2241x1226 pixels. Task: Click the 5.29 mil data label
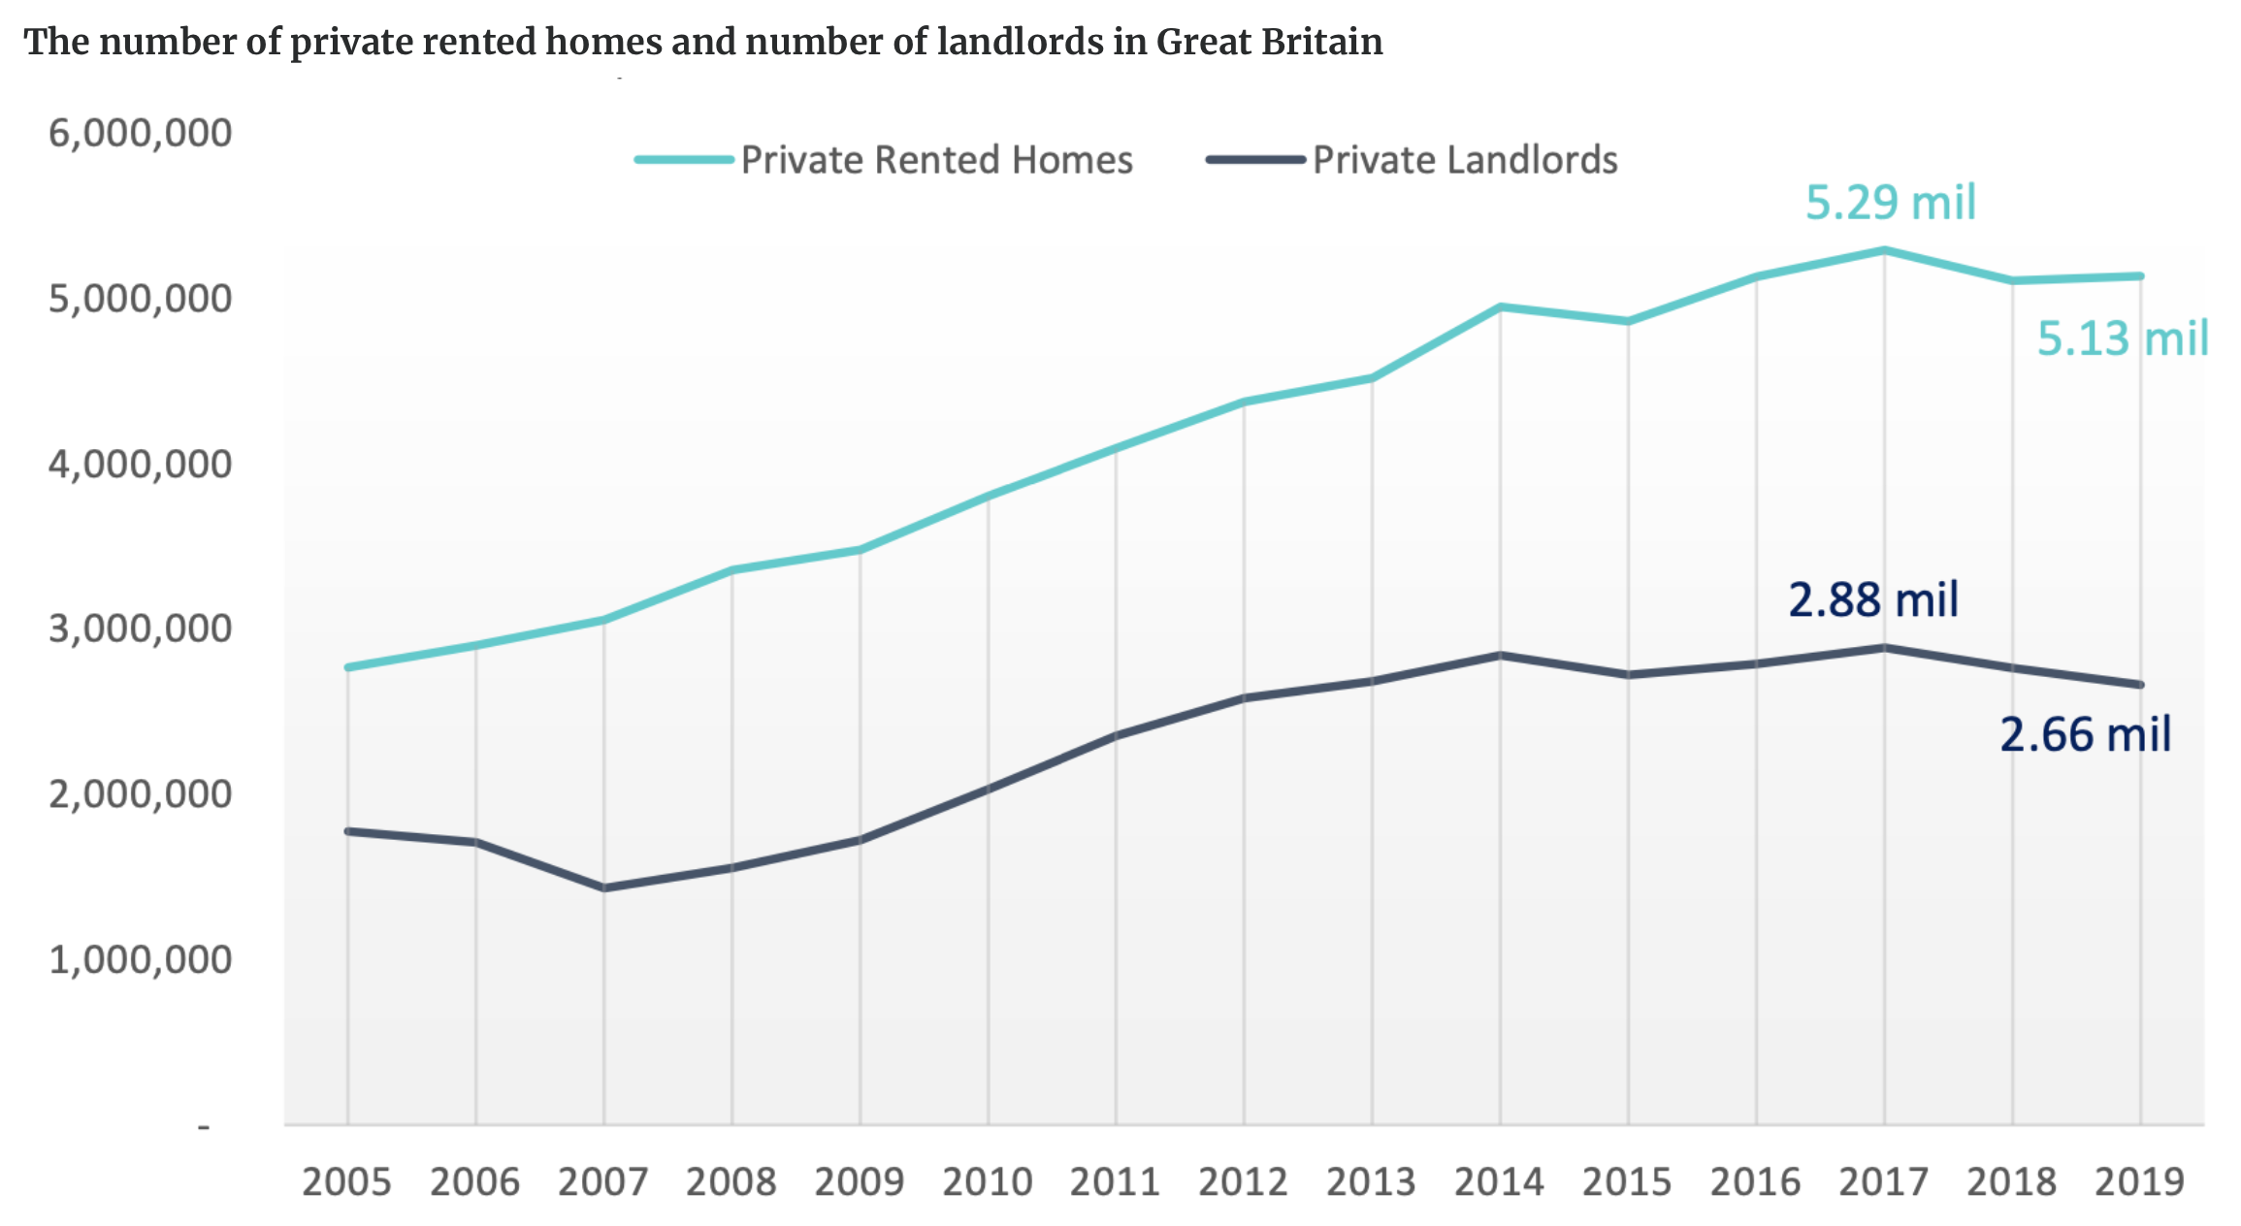(x=1890, y=203)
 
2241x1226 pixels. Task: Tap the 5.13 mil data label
(x=2123, y=339)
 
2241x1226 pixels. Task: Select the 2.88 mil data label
(x=1873, y=599)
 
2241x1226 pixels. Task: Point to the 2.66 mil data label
(x=2085, y=734)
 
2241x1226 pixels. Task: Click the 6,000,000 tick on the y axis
(x=141, y=133)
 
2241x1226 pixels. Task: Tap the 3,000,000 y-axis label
(x=141, y=629)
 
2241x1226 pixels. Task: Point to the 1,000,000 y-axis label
(x=141, y=959)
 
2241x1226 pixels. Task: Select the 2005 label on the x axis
(x=346, y=1182)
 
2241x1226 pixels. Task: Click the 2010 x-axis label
(x=987, y=1182)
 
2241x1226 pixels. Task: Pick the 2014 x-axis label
(x=1499, y=1182)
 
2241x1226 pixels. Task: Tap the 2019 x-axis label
(x=2139, y=1182)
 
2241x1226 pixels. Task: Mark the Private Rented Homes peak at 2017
(x=1884, y=250)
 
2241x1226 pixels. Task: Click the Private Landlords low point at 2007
(x=604, y=887)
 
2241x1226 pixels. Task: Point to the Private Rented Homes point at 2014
(x=1500, y=307)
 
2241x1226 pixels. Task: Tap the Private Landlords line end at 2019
(x=2140, y=685)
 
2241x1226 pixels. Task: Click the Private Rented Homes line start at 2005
(x=347, y=667)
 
